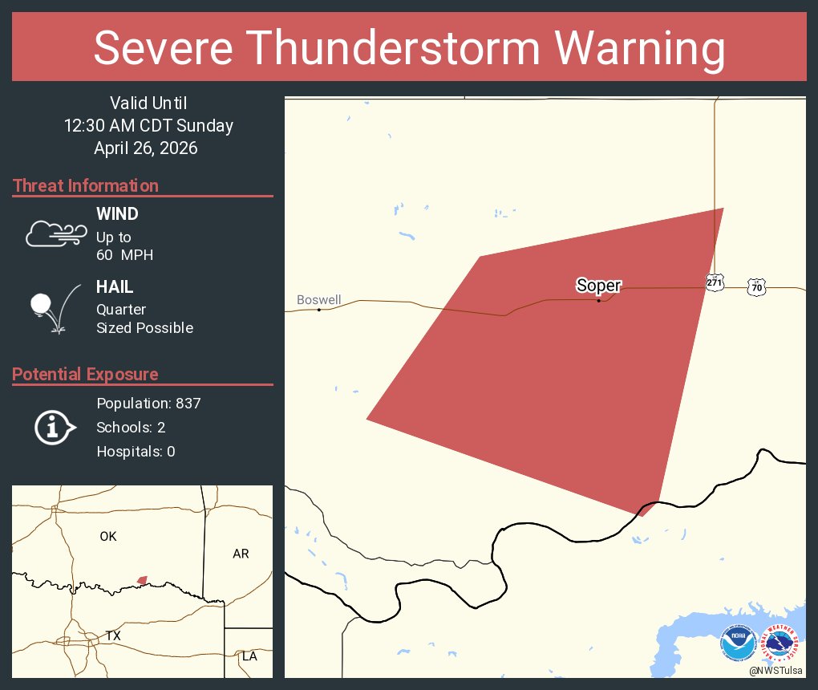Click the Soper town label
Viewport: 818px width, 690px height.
[598, 285]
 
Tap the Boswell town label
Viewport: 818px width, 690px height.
[318, 300]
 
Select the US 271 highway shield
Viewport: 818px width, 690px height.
[715, 282]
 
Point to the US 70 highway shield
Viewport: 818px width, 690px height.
[756, 286]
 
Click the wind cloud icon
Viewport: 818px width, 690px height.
[55, 233]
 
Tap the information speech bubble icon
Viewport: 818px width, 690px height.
[54, 427]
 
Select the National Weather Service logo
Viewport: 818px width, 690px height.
[783, 643]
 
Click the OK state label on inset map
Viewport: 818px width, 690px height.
[108, 537]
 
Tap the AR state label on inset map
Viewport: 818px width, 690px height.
[241, 554]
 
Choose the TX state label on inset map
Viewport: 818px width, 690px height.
[113, 635]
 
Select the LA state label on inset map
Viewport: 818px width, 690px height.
[249, 656]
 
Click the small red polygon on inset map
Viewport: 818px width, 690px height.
[142, 579]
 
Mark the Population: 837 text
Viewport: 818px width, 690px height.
[148, 403]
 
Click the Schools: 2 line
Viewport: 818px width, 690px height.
[131, 427]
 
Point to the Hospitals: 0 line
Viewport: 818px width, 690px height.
[136, 451]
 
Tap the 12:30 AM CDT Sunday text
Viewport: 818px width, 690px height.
[149, 125]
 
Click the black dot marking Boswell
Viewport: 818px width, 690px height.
[319, 310]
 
